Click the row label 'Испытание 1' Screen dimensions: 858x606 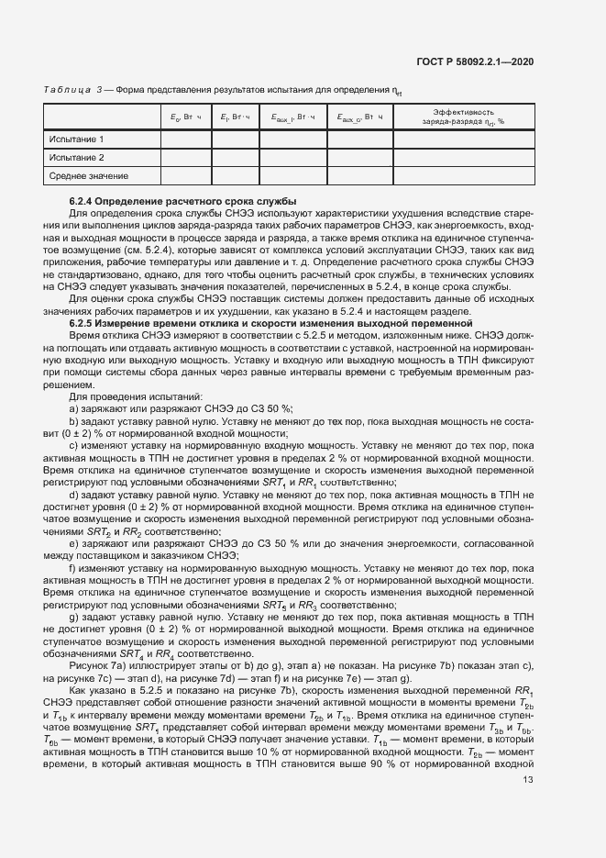click(x=76, y=139)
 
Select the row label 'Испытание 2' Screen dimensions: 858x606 click(x=76, y=157)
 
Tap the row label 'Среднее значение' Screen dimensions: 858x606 click(x=88, y=175)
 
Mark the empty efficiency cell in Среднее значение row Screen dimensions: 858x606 click(x=463, y=175)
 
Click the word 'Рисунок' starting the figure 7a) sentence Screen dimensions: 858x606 click(x=90, y=664)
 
